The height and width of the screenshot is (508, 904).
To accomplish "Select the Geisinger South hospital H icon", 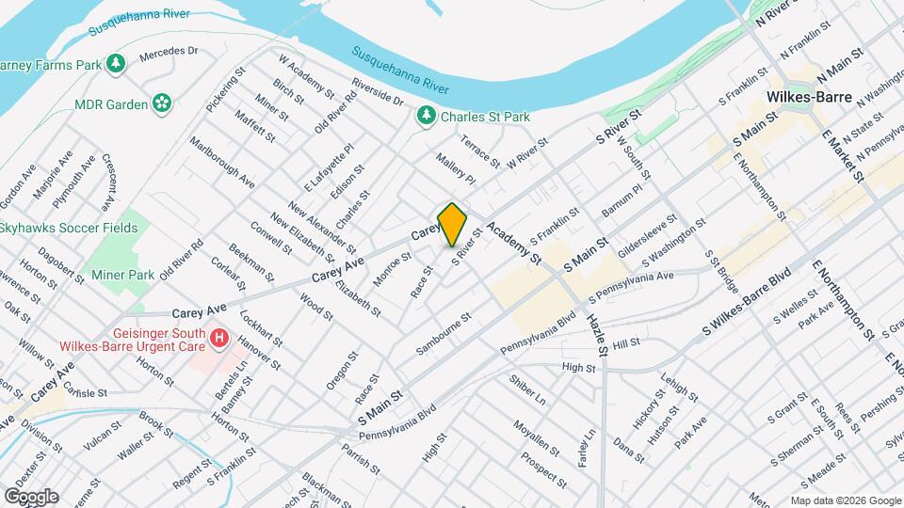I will coord(219,337).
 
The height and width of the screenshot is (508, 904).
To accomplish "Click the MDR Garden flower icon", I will coord(162,103).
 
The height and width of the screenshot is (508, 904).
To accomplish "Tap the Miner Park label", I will coord(122,275).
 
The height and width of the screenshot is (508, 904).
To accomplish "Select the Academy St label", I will coord(515,244).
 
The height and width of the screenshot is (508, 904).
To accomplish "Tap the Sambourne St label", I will coord(444,336).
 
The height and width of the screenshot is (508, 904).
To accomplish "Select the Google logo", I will coord(30,496).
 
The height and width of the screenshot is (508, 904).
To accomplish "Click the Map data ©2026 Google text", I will coord(845,500).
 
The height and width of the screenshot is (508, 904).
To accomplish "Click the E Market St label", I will coord(842,151).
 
